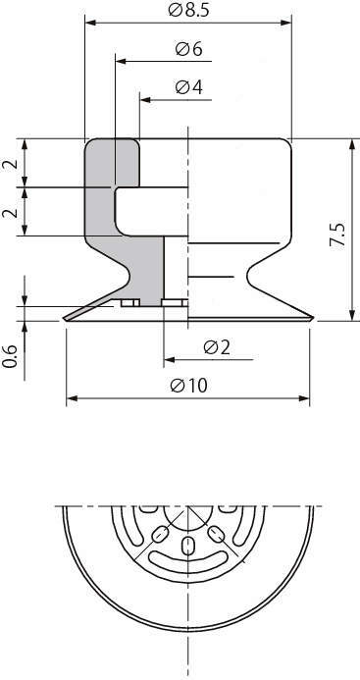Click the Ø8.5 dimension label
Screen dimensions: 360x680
click(189, 10)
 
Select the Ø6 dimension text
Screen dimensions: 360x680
click(189, 49)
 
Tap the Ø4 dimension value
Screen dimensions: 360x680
click(189, 87)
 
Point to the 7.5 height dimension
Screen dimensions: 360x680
click(337, 235)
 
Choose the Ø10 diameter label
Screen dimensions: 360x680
click(189, 385)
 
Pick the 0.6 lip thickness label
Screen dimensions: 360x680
click(10, 356)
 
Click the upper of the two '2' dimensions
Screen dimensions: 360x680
click(10, 164)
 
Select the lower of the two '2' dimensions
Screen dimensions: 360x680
click(10, 213)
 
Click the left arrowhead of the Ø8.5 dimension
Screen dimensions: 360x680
click(90, 23)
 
